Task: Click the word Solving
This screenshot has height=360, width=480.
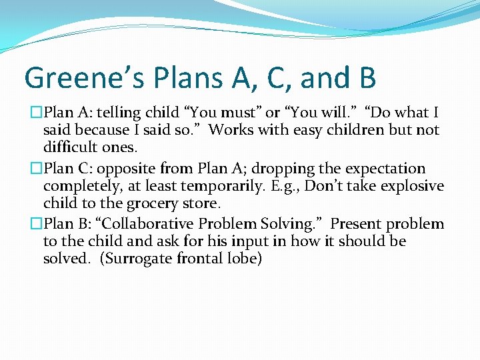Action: [x=298, y=224]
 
